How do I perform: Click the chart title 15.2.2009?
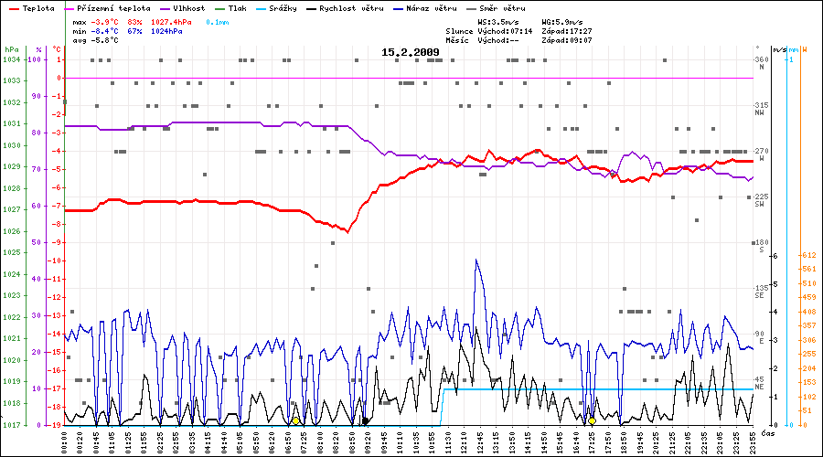pyautogui.click(x=411, y=52)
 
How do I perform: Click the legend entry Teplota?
pyautogui.click(x=37, y=7)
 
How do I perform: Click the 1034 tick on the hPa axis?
pyautogui.click(x=11, y=59)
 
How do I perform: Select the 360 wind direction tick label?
pyautogui.click(x=760, y=59)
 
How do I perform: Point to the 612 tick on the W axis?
pyautogui.click(x=807, y=255)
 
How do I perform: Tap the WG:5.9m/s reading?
pyautogui.click(x=562, y=20)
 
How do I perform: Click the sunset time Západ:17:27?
pyautogui.click(x=566, y=30)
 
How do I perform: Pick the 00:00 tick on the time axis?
pyautogui.click(x=65, y=440)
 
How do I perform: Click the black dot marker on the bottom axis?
pyautogui.click(x=366, y=421)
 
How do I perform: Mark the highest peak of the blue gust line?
pyautogui.click(x=476, y=260)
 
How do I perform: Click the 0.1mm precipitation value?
pyautogui.click(x=218, y=20)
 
